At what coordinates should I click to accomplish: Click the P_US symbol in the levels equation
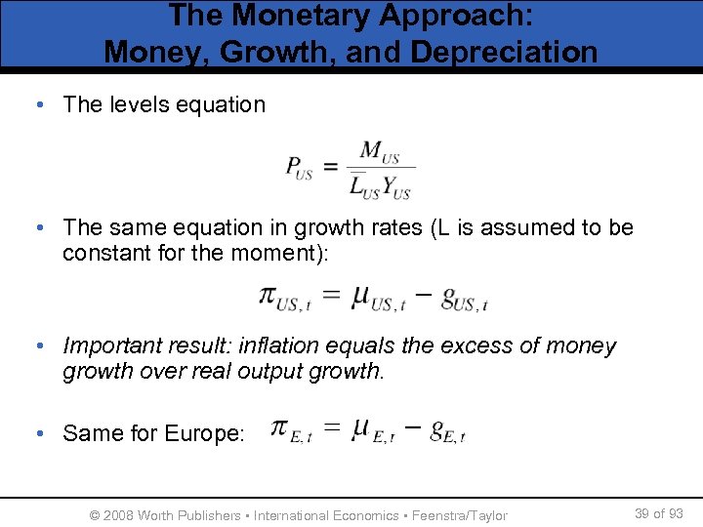click(x=299, y=168)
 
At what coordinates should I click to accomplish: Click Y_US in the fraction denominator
click(x=395, y=186)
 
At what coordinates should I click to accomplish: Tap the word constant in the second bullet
click(x=106, y=254)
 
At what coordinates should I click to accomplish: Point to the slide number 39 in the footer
click(x=642, y=513)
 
